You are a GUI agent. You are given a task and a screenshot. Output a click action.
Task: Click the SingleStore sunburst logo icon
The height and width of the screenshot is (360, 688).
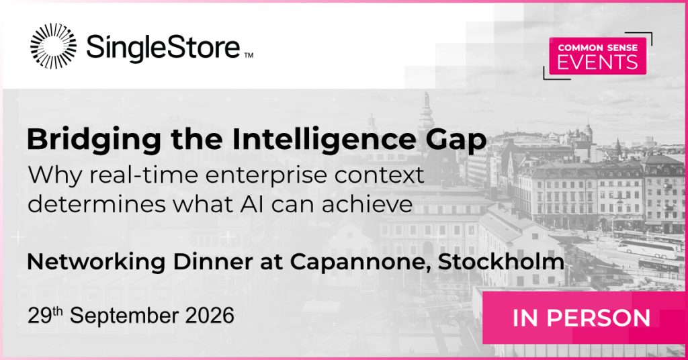coord(53,46)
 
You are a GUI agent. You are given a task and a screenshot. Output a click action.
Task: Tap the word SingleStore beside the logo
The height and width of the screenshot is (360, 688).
coord(163,47)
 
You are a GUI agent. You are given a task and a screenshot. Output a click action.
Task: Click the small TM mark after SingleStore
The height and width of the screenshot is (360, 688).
coord(249,55)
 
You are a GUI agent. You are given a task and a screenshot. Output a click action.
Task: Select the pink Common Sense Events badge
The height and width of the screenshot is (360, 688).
coord(597,56)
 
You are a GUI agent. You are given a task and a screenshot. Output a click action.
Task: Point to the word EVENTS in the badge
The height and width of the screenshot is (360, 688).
coord(597,62)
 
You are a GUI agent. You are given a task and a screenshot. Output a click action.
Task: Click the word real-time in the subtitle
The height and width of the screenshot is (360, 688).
coord(143,175)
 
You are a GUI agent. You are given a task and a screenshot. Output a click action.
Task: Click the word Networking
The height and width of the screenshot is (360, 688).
coord(96,262)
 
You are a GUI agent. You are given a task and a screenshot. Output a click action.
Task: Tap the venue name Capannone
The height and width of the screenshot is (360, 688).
coord(360,262)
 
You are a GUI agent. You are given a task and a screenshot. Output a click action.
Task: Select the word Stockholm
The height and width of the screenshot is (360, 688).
coord(501,261)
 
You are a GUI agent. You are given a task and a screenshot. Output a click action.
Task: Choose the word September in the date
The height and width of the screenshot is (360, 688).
coord(124,316)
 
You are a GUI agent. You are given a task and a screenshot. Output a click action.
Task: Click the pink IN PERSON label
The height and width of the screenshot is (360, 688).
coord(581,318)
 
